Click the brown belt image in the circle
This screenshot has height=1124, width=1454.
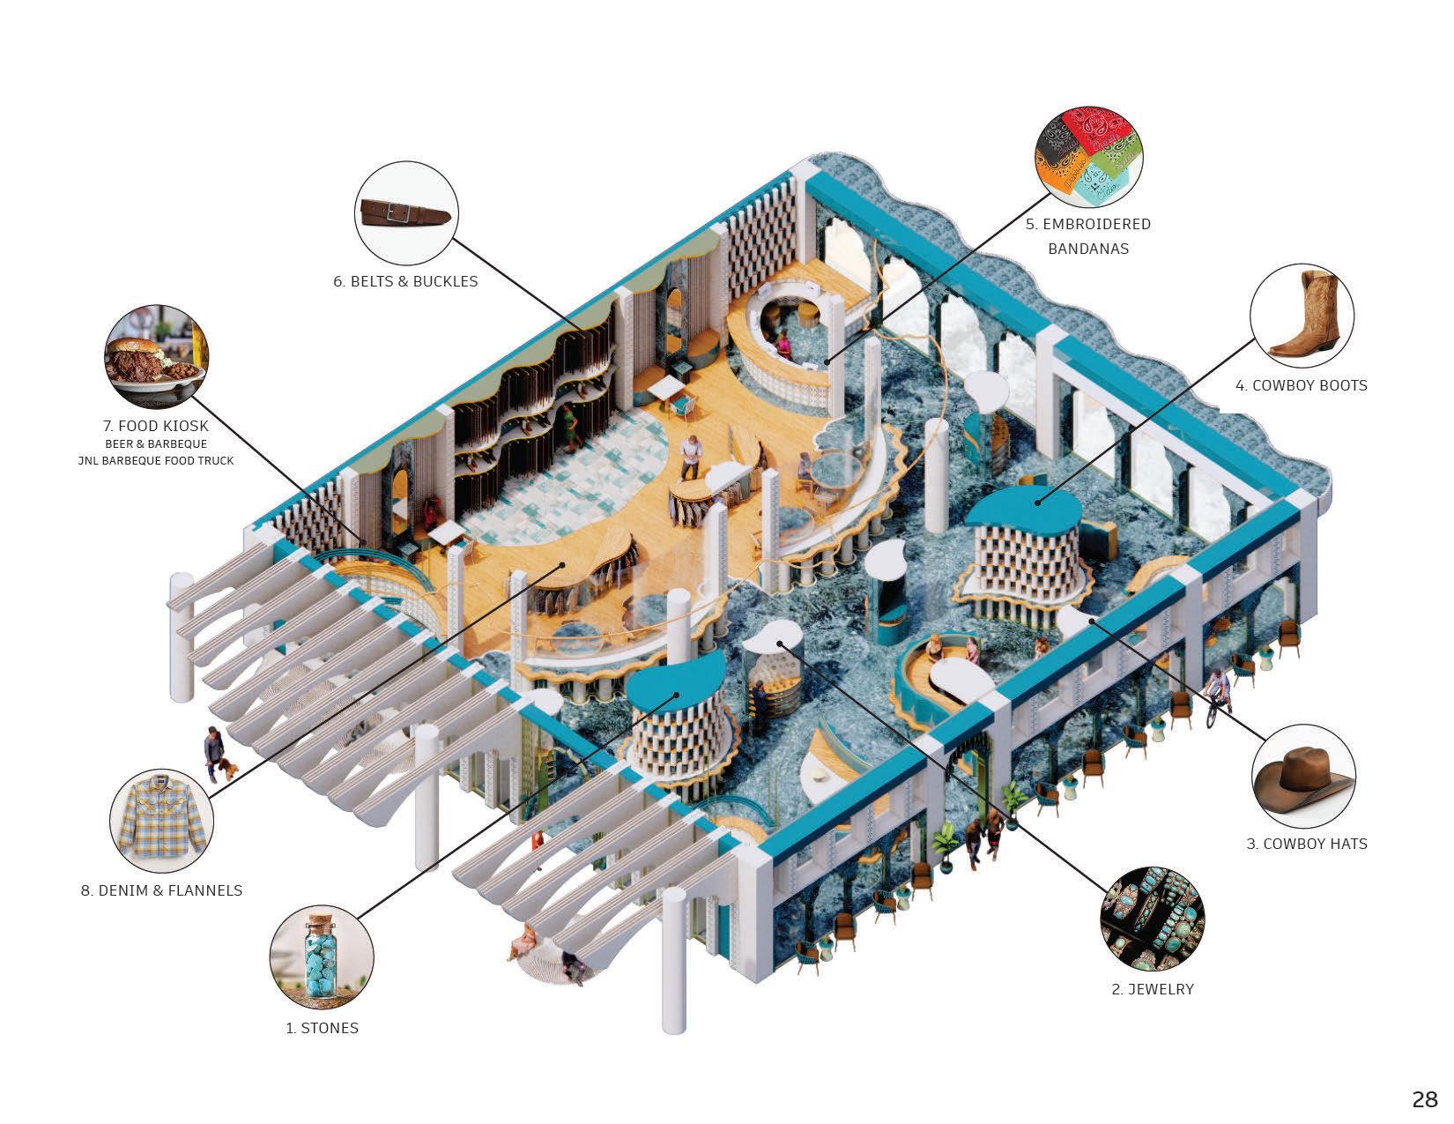tap(406, 212)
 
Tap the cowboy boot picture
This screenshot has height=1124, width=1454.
tap(1302, 315)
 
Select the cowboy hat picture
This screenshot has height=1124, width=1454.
tap(1302, 775)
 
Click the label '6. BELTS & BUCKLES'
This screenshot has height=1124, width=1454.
tap(405, 281)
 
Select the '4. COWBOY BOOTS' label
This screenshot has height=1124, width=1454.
tap(1301, 385)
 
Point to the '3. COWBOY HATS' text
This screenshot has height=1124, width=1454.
tap(1306, 844)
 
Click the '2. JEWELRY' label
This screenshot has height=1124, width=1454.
tap(1152, 989)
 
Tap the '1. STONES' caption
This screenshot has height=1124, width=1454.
tap(322, 1028)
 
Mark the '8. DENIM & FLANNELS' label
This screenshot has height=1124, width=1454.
tap(161, 890)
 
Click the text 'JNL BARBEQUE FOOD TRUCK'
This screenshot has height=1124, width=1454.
tap(156, 460)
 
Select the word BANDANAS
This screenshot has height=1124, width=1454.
tap(1087, 249)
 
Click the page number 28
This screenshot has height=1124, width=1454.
tap(1424, 1099)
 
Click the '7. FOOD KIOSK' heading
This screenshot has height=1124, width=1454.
tap(156, 426)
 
